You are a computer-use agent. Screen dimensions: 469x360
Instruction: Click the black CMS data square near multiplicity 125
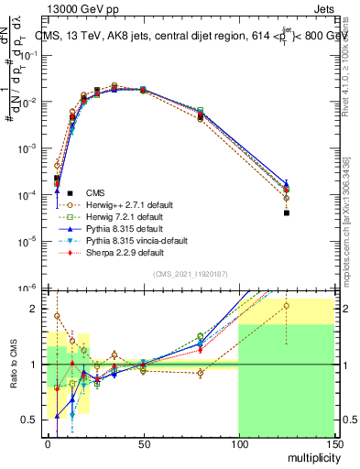286,213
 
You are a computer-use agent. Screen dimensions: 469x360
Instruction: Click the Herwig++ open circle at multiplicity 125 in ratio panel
286,306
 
